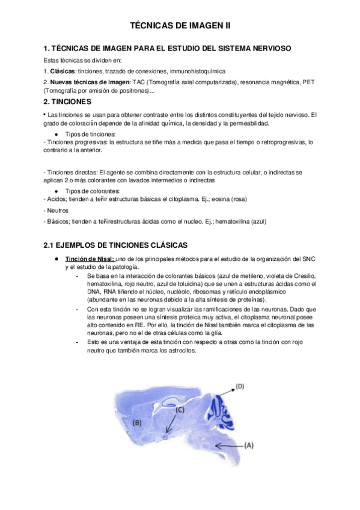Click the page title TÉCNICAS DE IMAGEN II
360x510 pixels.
pos(180,26)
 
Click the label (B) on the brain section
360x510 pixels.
pos(136,423)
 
